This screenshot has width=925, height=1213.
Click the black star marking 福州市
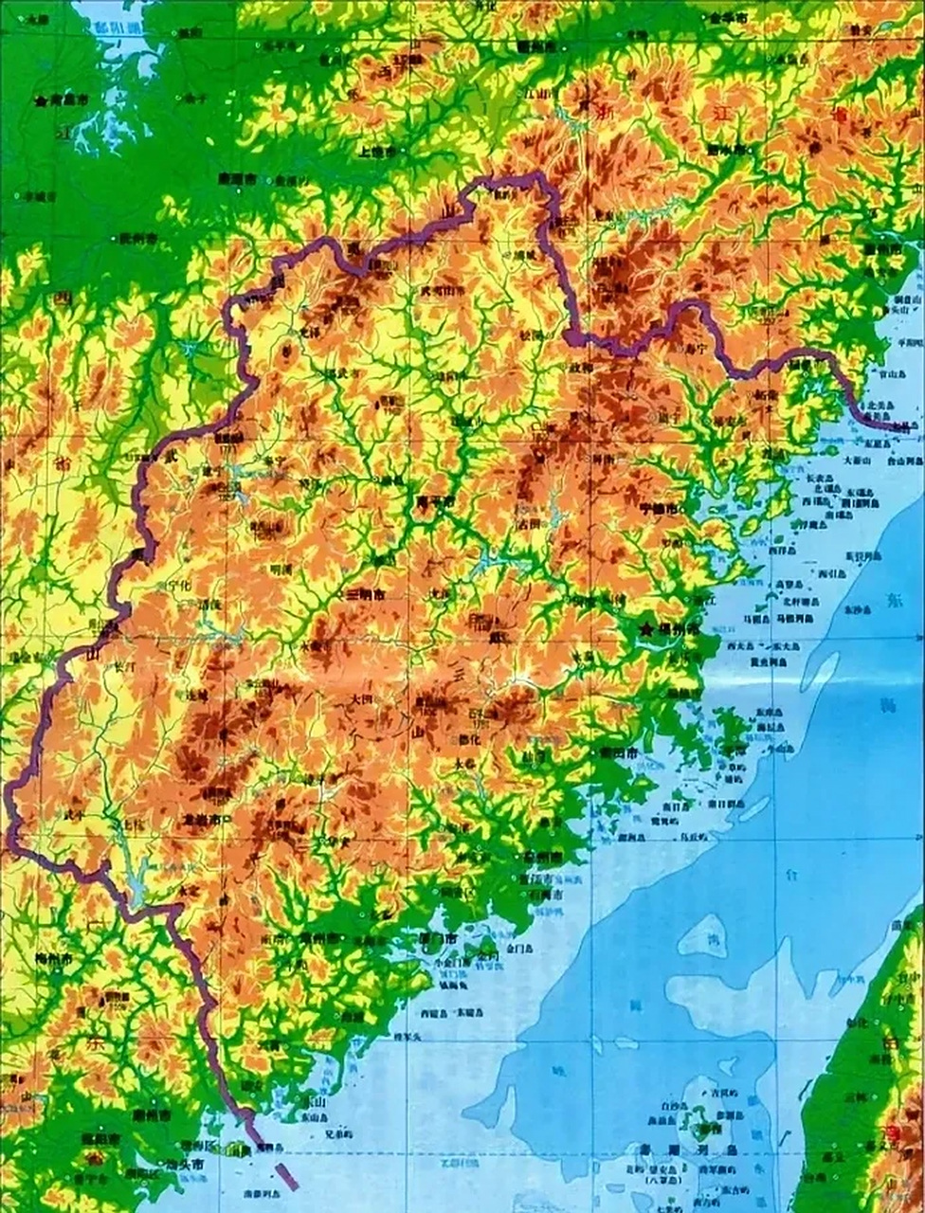(x=647, y=628)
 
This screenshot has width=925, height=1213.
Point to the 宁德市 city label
(x=659, y=508)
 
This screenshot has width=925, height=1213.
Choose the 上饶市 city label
(x=378, y=150)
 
